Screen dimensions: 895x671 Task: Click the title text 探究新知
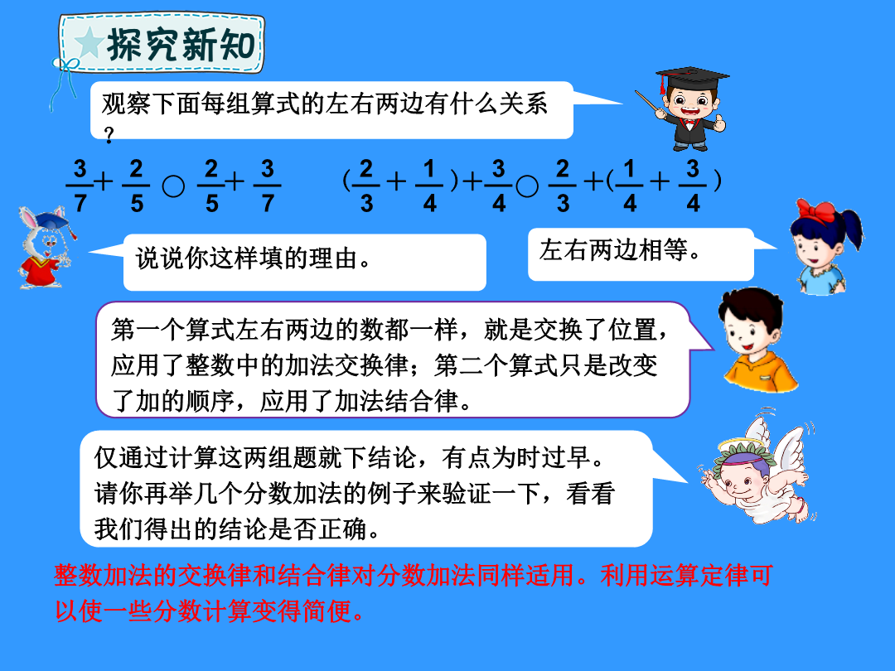coord(181,45)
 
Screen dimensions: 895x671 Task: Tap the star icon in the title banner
coord(89,42)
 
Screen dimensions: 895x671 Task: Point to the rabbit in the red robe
coord(45,247)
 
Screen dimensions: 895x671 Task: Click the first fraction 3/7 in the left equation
coord(80,186)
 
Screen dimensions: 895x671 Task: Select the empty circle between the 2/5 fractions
coord(173,186)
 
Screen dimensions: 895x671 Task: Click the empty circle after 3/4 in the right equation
coord(527,186)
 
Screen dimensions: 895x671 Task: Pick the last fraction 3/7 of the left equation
coord(267,186)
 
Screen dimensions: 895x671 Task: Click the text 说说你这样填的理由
coord(254,259)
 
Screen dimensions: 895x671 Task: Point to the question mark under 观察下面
coord(109,135)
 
